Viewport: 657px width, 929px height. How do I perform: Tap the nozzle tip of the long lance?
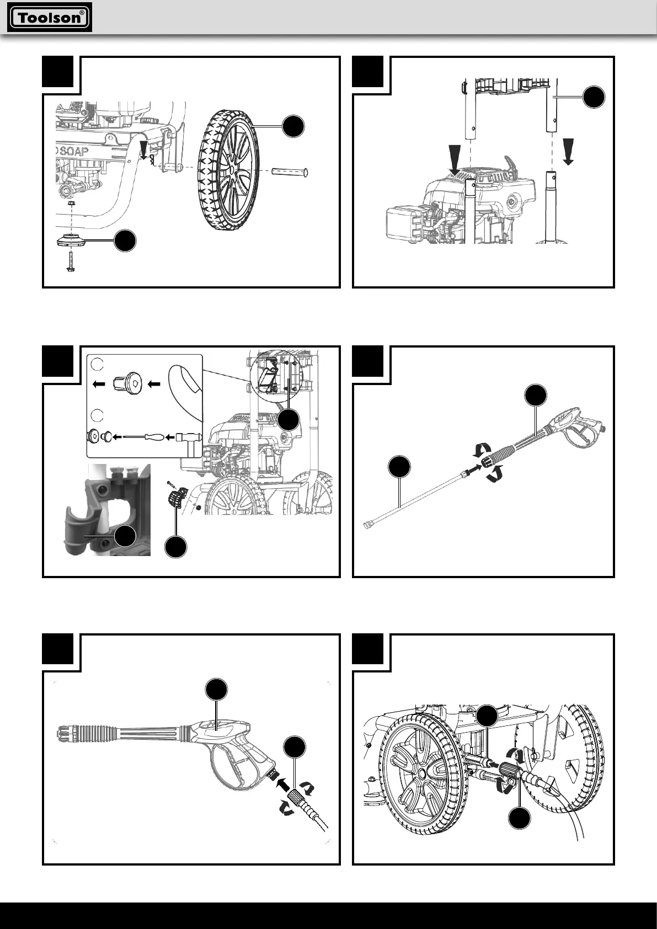click(366, 526)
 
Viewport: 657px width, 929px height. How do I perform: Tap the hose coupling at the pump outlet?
click(508, 771)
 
